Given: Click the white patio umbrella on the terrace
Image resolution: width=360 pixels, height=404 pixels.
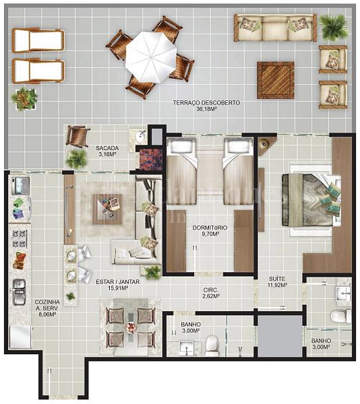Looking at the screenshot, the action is pyautogui.click(x=151, y=57).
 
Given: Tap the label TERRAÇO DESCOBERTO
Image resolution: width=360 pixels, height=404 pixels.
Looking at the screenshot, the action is pyautogui.click(x=206, y=102).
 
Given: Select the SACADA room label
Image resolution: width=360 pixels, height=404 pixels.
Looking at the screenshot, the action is pyautogui.click(x=107, y=148).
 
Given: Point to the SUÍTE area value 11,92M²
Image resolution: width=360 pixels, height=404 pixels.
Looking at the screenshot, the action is pyautogui.click(x=277, y=285).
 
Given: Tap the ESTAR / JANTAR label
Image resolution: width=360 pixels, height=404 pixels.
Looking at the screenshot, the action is pyautogui.click(x=117, y=282).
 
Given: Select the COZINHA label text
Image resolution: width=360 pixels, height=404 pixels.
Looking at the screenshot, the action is pyautogui.click(x=47, y=302).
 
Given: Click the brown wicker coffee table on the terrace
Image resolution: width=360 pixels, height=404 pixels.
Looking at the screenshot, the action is pyautogui.click(x=276, y=80).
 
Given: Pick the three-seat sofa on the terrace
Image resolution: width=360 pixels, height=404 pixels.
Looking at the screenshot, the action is pyautogui.click(x=276, y=28).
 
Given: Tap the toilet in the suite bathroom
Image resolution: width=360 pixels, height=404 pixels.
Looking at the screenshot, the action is pyautogui.click(x=341, y=316).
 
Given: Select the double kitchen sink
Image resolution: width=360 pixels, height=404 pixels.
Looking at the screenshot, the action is pyautogui.click(x=18, y=292).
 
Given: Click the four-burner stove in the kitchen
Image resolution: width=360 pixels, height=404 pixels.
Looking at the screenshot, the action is pyautogui.click(x=20, y=238).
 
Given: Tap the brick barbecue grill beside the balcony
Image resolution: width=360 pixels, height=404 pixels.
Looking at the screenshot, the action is pyautogui.click(x=150, y=159).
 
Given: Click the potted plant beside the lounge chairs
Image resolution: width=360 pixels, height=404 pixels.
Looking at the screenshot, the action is pyautogui.click(x=24, y=99).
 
